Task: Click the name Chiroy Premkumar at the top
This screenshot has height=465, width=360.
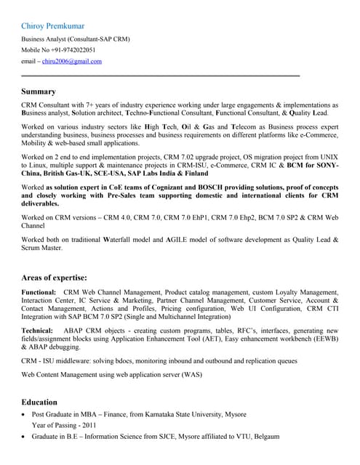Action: (x=55, y=26)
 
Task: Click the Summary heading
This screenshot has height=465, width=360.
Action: (x=39, y=92)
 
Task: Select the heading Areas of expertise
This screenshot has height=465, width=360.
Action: (x=55, y=278)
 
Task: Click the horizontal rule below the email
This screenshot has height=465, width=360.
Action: (x=160, y=76)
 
